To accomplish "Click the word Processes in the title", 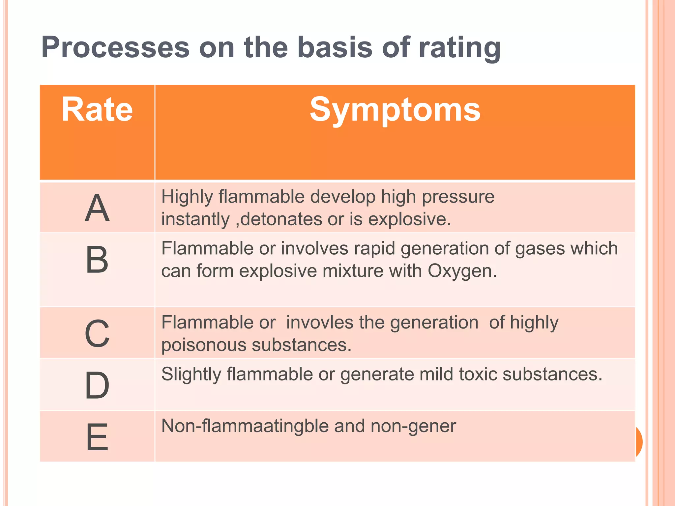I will point(115,47).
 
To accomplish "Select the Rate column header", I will point(97,109).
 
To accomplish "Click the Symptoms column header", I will point(395,109).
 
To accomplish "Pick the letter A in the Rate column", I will point(97,208).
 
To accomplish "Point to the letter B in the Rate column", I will point(97,260).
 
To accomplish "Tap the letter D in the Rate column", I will point(97,385).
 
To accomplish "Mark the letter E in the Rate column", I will point(97,437).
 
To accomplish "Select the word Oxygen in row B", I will point(461,271).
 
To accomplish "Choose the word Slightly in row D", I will point(191,375).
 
